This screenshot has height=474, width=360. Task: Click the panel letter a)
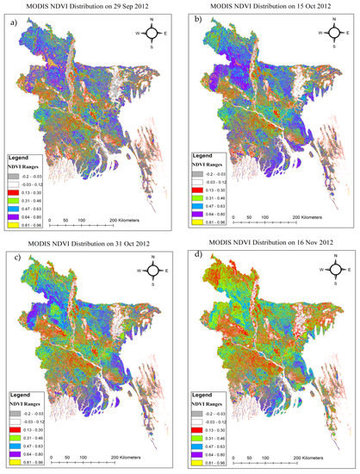tap(11, 20)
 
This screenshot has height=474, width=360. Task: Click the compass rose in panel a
tap(150, 34)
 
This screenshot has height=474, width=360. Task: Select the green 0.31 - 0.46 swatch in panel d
tap(196, 437)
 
